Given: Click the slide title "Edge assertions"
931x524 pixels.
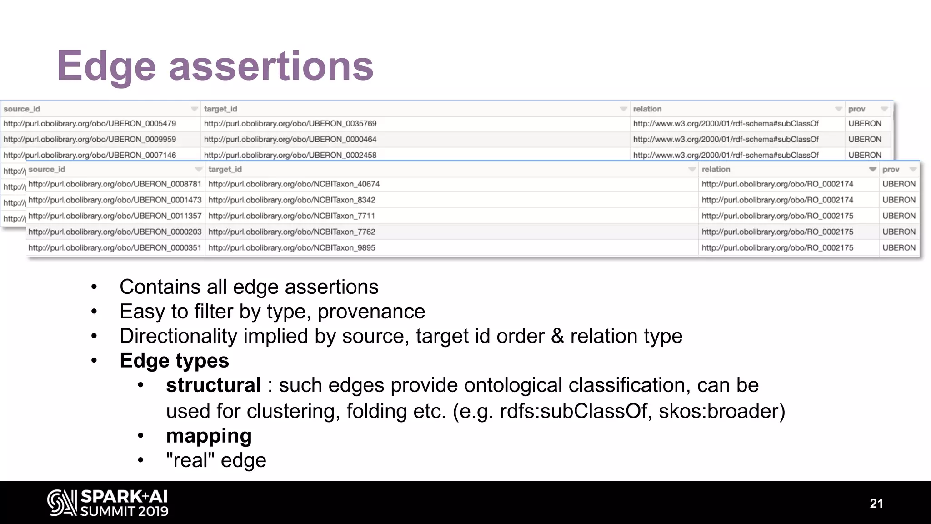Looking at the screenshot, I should (x=215, y=66).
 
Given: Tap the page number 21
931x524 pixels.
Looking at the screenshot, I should (x=876, y=504).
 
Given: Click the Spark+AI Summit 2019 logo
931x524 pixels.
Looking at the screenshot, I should (x=108, y=503).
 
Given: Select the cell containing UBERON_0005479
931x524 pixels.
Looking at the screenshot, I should (x=90, y=124).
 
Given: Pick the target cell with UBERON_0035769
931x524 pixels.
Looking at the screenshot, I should (x=290, y=124).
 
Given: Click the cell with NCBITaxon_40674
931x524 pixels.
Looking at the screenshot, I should (x=294, y=184).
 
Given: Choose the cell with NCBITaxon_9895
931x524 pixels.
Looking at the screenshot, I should (x=292, y=248).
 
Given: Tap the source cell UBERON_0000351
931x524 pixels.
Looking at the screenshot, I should (x=115, y=248).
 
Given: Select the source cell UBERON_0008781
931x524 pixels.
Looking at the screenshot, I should (x=115, y=184).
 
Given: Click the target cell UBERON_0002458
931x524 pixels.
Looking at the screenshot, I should (x=290, y=155).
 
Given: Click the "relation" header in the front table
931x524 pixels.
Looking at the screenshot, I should (x=716, y=169).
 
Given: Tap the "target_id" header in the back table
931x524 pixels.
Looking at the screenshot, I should (x=220, y=109).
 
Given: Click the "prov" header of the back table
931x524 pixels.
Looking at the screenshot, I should (x=856, y=109).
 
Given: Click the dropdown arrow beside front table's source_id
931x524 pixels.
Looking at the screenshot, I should (x=199, y=169).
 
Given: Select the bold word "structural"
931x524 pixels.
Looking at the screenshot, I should (x=213, y=385).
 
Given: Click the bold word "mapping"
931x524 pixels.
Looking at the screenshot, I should (x=209, y=436).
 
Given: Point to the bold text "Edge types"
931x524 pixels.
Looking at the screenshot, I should (x=174, y=361).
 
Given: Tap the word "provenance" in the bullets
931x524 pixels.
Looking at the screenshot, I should (x=371, y=312).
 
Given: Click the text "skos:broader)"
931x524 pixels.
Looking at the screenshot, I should (x=722, y=411).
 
